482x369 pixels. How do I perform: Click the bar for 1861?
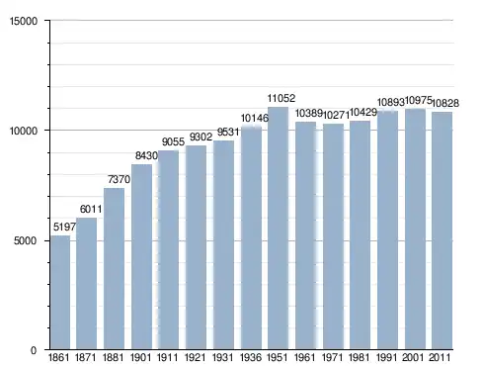point(60,292)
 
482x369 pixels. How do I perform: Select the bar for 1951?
point(278,229)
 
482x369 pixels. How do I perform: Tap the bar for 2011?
point(442,231)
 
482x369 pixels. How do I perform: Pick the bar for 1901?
point(142,257)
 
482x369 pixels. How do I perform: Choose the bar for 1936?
point(251,238)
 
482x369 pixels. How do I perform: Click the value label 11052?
point(281,98)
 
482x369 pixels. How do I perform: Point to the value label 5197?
point(64,227)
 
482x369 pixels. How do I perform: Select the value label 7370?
point(120,179)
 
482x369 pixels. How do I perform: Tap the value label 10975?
point(418,100)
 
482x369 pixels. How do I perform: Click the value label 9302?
point(201,137)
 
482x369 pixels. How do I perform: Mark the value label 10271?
point(336,115)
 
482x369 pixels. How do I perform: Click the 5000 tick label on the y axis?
point(25,240)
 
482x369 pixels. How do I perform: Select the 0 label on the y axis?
point(34,350)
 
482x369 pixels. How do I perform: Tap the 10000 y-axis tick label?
point(24,131)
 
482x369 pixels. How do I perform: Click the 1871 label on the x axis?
point(86,357)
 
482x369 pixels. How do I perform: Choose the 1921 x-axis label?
point(196,357)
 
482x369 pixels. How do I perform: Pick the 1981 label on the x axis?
point(360,357)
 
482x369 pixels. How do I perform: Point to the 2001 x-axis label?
point(413,357)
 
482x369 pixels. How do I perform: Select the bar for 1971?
point(333,236)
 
